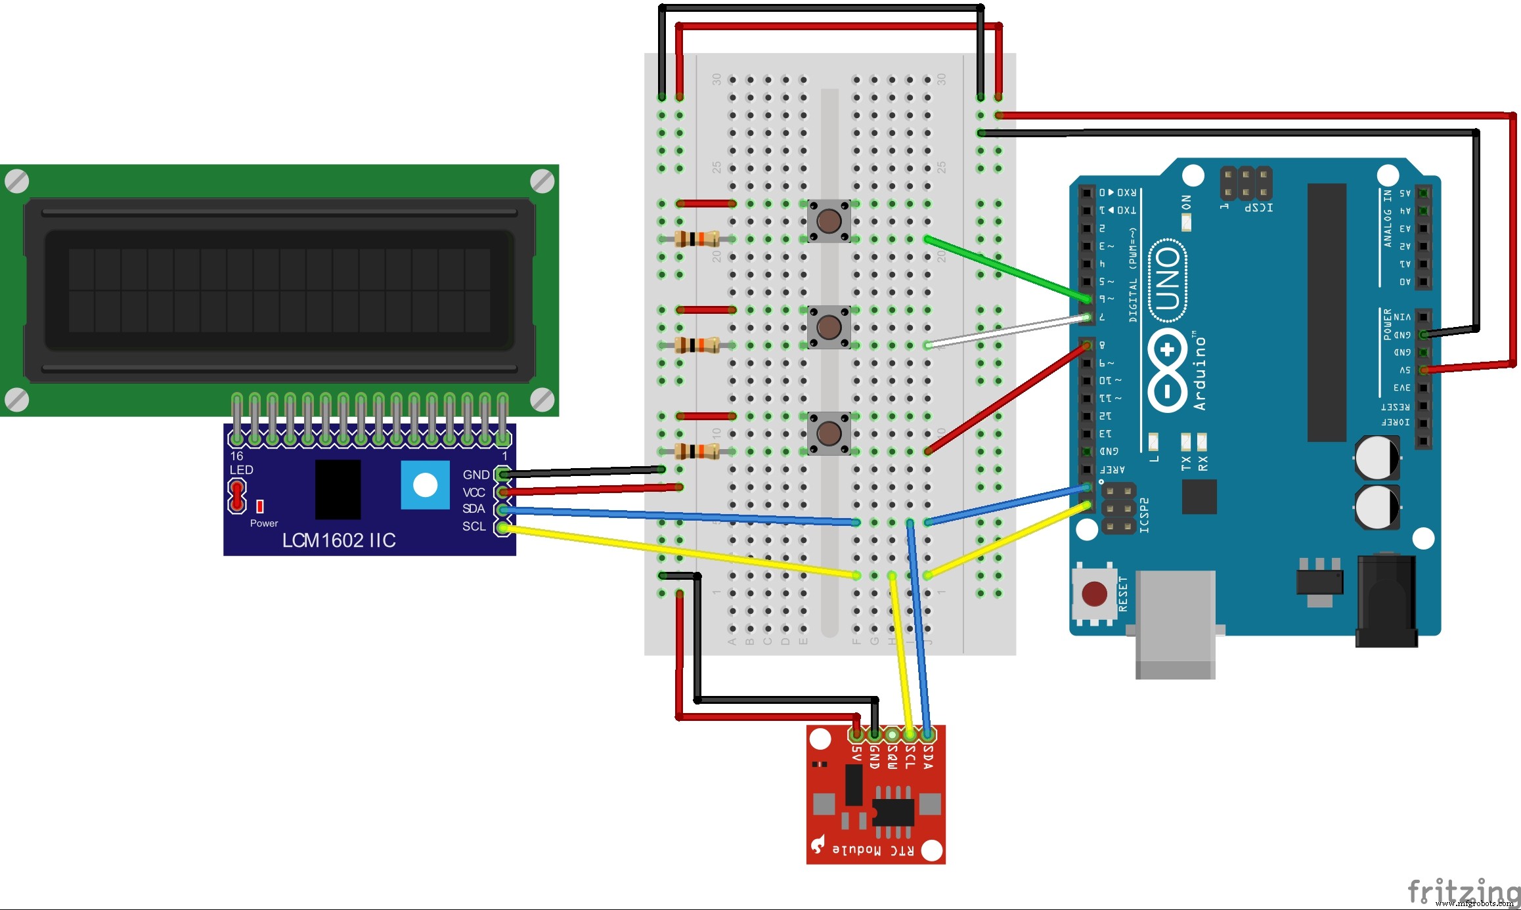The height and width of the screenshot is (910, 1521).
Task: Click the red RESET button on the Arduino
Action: coord(1094,594)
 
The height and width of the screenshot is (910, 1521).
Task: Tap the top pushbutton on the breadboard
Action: coord(829,221)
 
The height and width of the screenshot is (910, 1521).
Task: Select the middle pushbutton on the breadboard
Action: coord(829,326)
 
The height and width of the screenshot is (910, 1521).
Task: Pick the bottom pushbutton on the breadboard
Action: coord(829,433)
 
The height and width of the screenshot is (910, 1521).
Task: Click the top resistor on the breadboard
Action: coord(697,239)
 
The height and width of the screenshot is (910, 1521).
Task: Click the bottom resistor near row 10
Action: coord(697,451)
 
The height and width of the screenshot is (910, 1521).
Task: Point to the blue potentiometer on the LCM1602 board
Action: coord(425,485)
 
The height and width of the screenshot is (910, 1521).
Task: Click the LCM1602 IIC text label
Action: coord(339,540)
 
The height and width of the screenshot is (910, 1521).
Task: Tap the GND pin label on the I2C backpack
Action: coord(475,475)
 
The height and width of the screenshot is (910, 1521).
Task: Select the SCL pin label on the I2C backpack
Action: coord(474,527)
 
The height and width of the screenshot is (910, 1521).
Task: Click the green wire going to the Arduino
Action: coord(1005,269)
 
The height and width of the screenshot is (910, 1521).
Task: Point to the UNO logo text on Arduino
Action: coord(1168,279)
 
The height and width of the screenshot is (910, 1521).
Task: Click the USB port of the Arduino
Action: coord(1175,624)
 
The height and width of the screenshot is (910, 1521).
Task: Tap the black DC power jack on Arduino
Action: coord(1386,601)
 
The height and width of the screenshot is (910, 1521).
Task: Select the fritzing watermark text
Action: coord(1463,892)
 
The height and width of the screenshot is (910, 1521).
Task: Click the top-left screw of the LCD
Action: coord(17,181)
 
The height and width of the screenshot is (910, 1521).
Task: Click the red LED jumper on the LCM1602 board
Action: coord(236,496)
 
